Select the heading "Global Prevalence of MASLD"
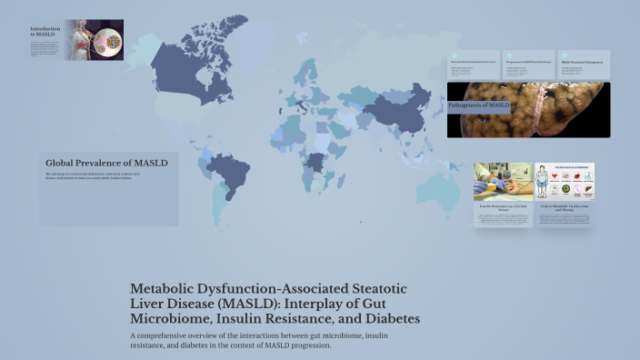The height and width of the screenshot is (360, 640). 106,163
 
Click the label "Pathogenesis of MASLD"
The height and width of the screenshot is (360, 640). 479,106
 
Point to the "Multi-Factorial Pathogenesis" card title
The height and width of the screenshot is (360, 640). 583,65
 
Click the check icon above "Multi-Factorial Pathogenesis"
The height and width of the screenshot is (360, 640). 563,55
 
